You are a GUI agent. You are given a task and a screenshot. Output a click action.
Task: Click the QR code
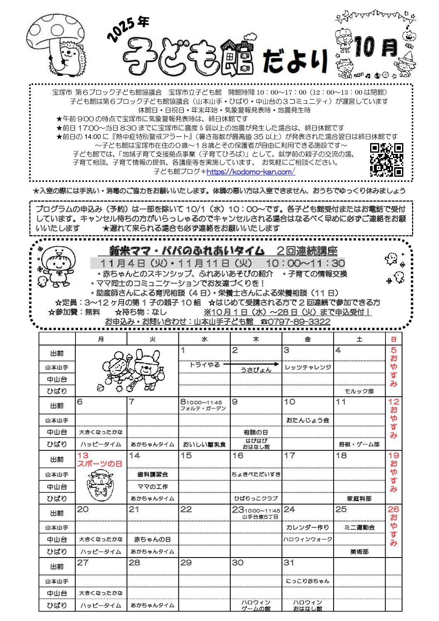pyautogui.click(x=386, y=160)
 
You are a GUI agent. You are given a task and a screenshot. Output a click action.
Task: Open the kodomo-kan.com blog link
pyautogui.click(x=251, y=172)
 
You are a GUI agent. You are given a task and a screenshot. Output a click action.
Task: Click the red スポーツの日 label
pyautogui.click(x=100, y=464)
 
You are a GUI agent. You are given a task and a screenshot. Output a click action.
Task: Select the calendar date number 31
pyautogui.click(x=289, y=563)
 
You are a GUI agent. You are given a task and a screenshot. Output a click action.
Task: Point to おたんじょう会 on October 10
pyautogui.click(x=307, y=420)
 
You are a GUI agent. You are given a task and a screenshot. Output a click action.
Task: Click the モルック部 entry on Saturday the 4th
pyautogui.click(x=359, y=391)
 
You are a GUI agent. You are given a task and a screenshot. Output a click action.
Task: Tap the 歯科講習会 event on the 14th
pyautogui.click(x=153, y=474)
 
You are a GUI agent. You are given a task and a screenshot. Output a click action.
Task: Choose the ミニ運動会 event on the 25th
pyautogui.click(x=359, y=527)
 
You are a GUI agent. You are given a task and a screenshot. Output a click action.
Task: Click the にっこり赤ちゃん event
pyautogui.click(x=307, y=581)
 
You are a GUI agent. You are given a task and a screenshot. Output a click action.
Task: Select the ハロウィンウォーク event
pyautogui.click(x=307, y=539)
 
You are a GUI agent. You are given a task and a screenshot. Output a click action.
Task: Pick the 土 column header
pyautogui.click(x=359, y=339)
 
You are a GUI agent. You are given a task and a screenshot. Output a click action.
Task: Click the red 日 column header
pyautogui.click(x=393, y=339)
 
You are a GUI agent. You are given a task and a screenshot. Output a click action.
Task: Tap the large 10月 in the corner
pyautogui.click(x=376, y=46)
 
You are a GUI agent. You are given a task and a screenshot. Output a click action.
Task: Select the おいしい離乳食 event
pyautogui.click(x=204, y=444)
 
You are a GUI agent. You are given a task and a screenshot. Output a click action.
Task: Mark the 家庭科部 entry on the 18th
pyautogui.click(x=359, y=498)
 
